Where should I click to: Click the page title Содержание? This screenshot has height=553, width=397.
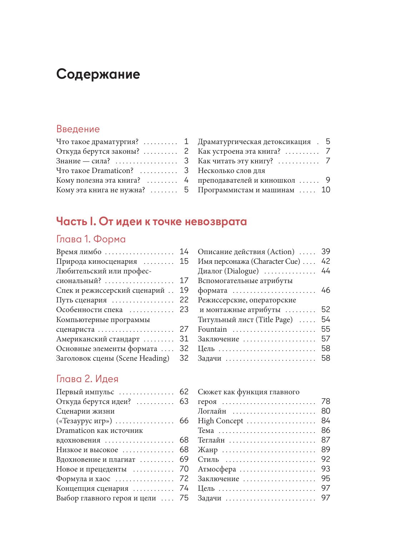pos(98,74)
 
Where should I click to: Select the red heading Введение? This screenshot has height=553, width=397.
pos(78,129)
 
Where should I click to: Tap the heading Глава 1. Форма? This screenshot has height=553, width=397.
pos(91,239)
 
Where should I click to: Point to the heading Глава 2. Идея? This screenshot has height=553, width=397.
pos(87,379)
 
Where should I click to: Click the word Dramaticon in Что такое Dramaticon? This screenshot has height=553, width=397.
pos(113,171)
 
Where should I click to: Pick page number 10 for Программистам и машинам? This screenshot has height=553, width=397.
pos(326,190)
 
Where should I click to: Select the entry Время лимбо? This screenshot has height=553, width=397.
pos(79,252)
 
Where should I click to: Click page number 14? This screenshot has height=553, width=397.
pos(184,252)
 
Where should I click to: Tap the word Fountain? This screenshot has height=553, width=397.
pos(212,329)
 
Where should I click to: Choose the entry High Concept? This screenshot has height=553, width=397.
pos(220,421)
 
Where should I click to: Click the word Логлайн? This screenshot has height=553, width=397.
pos(212,411)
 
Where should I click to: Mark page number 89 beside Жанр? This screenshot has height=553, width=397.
pos(326,450)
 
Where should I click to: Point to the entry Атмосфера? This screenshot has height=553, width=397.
pos(217,469)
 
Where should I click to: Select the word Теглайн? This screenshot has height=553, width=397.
pos(211,440)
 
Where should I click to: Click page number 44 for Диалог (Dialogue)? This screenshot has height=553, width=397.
pos(326,271)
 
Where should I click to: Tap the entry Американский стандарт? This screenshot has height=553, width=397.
pos(98,339)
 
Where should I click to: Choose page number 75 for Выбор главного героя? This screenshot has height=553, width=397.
pos(184,498)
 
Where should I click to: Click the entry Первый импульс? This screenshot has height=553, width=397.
pos(85,392)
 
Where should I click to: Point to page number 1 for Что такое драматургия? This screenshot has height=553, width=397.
pos(186,142)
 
